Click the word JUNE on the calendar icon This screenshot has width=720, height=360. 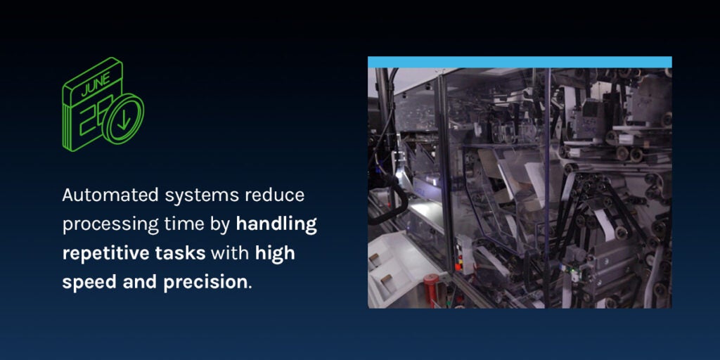pyautogui.click(x=96, y=84)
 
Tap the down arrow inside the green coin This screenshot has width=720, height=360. pyautogui.click(x=124, y=120)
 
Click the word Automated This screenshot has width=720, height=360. pyautogui.click(x=110, y=195)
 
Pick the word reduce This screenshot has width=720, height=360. pyautogui.click(x=275, y=195)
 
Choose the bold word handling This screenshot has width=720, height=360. pyautogui.click(x=276, y=224)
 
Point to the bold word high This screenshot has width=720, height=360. pyautogui.click(x=275, y=253)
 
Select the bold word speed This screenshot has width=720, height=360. pyautogui.click(x=89, y=283)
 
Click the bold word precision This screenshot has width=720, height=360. pyautogui.click(x=205, y=283)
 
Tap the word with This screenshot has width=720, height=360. pyautogui.click(x=230, y=252)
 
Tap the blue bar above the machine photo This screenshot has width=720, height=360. pyautogui.click(x=520, y=62)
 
